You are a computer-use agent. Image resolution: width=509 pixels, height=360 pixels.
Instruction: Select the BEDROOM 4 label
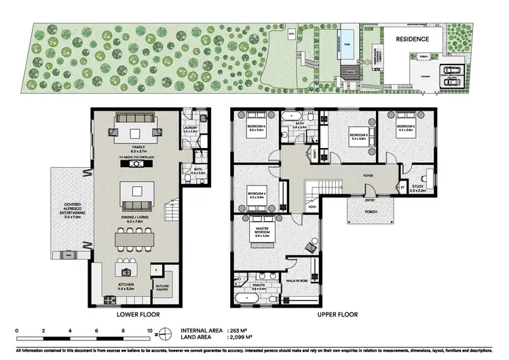[256, 196]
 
